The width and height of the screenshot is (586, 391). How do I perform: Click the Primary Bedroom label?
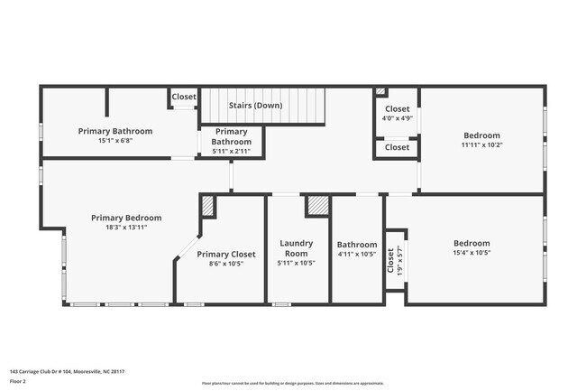(126, 218)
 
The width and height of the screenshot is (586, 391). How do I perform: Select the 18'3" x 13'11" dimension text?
(126, 228)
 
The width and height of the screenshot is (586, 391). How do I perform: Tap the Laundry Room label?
(296, 248)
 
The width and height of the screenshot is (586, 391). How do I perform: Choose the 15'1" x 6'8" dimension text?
(114, 141)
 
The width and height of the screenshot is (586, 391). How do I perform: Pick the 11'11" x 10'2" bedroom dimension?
(482, 144)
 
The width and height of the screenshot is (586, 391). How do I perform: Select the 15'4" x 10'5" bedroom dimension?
(472, 254)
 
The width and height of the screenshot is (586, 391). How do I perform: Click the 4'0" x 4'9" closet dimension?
(397, 118)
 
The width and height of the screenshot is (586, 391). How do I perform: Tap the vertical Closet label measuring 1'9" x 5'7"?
(390, 261)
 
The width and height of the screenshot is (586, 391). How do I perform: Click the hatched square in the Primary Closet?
(207, 206)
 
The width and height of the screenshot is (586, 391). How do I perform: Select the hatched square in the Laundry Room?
(317, 205)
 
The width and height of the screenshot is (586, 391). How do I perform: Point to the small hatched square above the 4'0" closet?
(380, 91)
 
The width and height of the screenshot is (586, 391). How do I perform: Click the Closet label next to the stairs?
(184, 97)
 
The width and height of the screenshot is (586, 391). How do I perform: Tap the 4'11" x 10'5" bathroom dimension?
(357, 255)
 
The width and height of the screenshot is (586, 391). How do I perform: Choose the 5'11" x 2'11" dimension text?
(232, 151)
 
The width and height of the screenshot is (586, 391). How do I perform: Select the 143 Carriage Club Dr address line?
(67, 371)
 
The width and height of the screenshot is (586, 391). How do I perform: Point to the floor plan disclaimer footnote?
(293, 384)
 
